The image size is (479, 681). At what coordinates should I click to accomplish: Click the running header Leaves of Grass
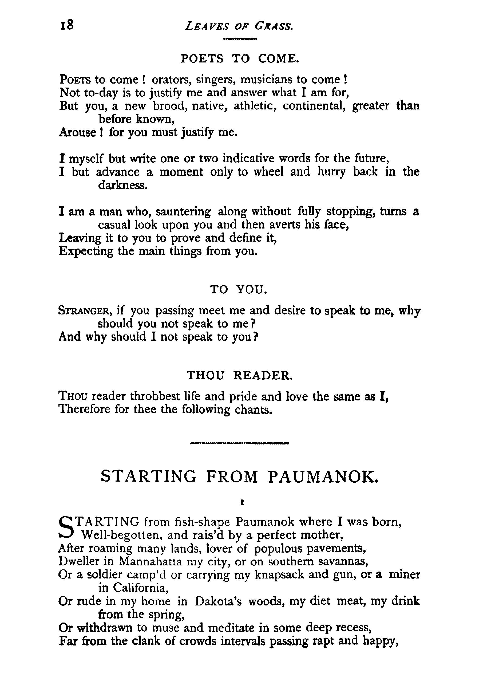coord(239,27)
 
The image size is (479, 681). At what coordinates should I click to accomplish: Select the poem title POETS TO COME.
coord(240,59)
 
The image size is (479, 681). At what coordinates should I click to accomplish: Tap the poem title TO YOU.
coord(239,289)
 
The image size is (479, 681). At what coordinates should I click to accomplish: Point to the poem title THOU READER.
coord(240,376)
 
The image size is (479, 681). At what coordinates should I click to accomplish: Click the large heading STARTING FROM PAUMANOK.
coord(240,477)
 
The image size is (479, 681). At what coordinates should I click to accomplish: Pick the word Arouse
coord(78,132)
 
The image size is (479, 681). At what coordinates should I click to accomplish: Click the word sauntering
coord(183,212)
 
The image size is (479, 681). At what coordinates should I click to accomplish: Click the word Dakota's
coord(219,601)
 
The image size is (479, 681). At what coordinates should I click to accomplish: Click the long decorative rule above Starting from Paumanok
coord(240,444)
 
